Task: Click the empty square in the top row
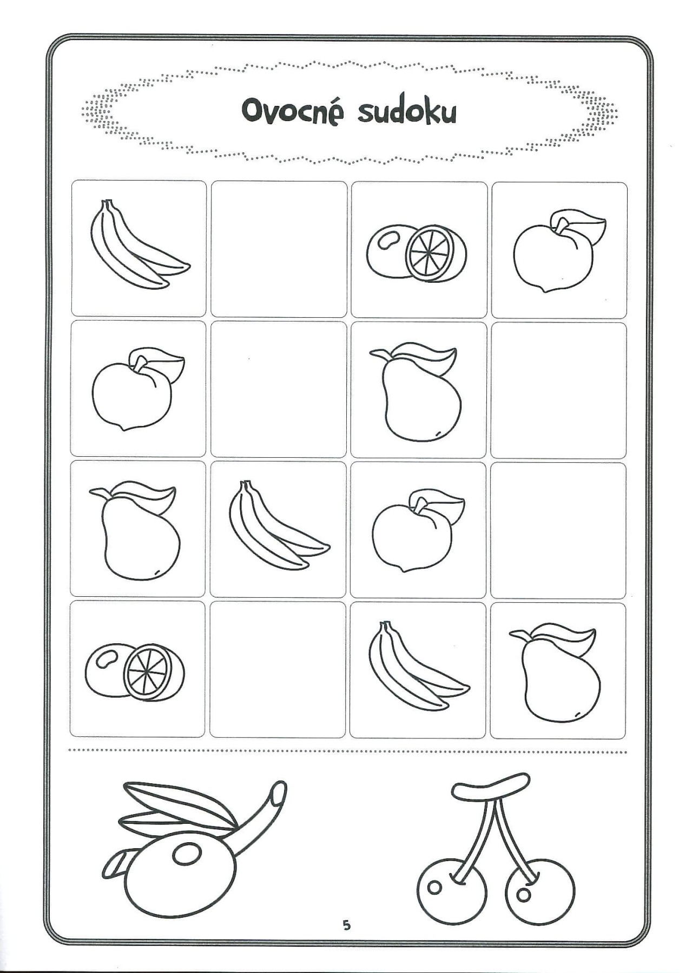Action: click(279, 249)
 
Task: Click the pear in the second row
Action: click(416, 392)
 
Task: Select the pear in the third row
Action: click(135, 531)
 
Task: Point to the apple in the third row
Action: click(418, 531)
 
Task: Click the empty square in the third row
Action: click(558, 530)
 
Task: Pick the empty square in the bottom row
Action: click(278, 670)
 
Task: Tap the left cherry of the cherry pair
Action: click(452, 888)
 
